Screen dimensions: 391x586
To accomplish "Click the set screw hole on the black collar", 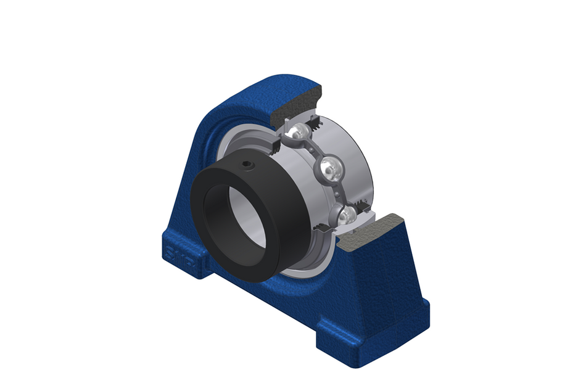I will (x=247, y=165).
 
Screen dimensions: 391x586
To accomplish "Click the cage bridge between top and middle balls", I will (x=315, y=148).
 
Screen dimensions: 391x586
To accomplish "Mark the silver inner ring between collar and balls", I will (x=290, y=185).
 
